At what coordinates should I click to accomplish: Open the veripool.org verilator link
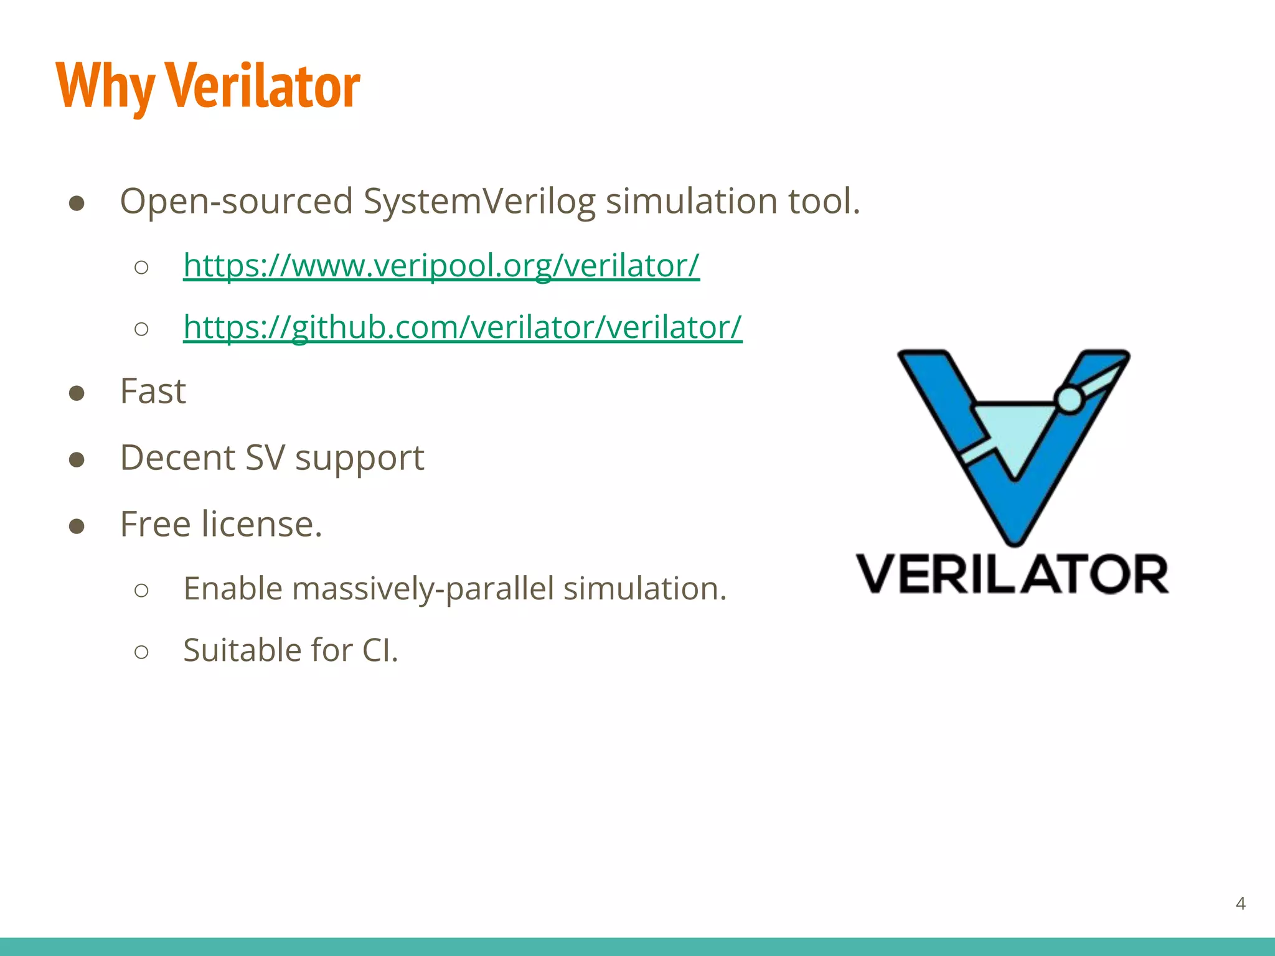pos(441,265)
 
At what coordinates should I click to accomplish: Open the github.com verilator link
pos(462,327)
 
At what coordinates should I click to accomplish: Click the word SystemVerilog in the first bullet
pos(479,202)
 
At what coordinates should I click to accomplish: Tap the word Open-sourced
pos(237,202)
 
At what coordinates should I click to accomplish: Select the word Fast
pos(153,391)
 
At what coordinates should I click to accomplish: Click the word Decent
pos(178,458)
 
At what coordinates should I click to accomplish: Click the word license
pos(261,524)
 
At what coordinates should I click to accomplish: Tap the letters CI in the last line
pos(376,650)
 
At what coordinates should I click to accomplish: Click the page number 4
pos(1240,903)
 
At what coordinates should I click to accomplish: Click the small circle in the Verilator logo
pos(1070,400)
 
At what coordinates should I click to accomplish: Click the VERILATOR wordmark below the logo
pos(1012,574)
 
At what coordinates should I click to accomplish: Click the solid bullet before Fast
pos(77,393)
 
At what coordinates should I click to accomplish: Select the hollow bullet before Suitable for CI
pos(141,652)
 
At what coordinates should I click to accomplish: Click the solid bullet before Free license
pos(77,526)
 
